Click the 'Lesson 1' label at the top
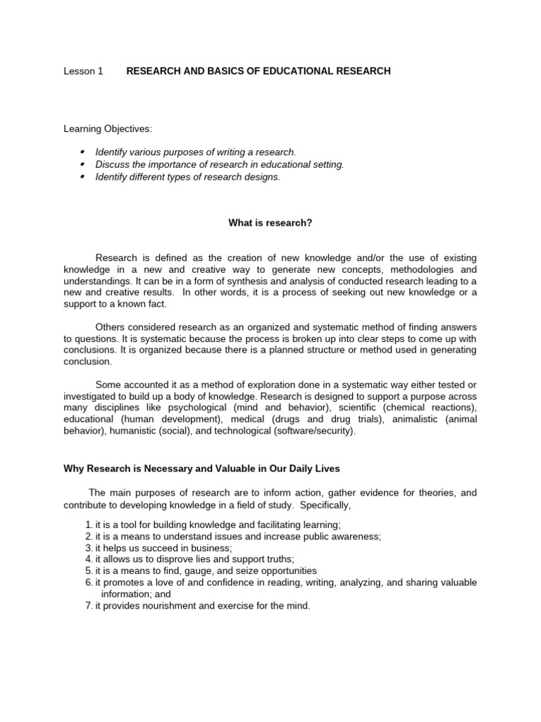coord(83,71)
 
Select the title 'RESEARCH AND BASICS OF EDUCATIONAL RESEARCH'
coord(258,71)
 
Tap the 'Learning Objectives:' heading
coord(107,129)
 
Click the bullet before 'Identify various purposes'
coord(82,152)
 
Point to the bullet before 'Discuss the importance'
coord(82,164)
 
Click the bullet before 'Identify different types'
coord(82,177)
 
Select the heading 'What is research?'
coord(270,223)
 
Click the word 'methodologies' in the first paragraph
coord(402,269)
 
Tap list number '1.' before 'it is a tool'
coord(89,525)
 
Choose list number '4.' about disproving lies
coord(89,559)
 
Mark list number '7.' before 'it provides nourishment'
coord(89,606)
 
